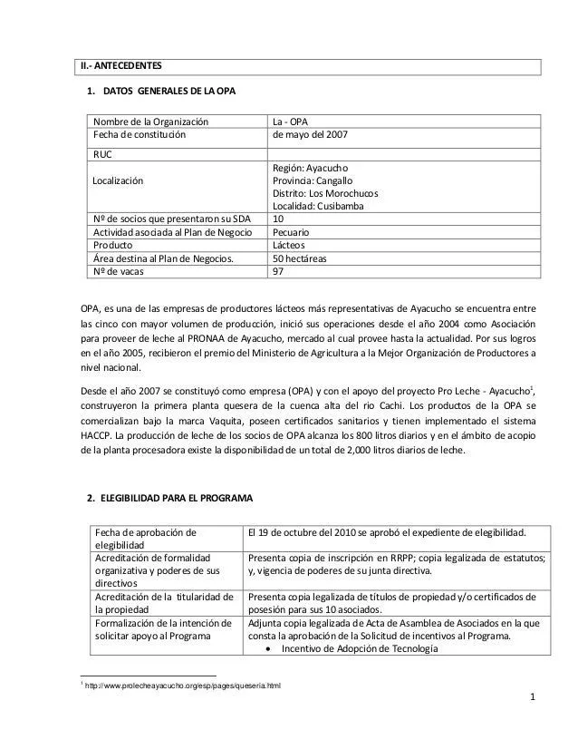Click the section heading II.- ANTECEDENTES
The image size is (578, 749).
120,66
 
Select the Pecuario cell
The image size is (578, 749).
295,233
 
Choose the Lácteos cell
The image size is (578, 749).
294,246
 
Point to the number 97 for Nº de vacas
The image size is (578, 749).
280,271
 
